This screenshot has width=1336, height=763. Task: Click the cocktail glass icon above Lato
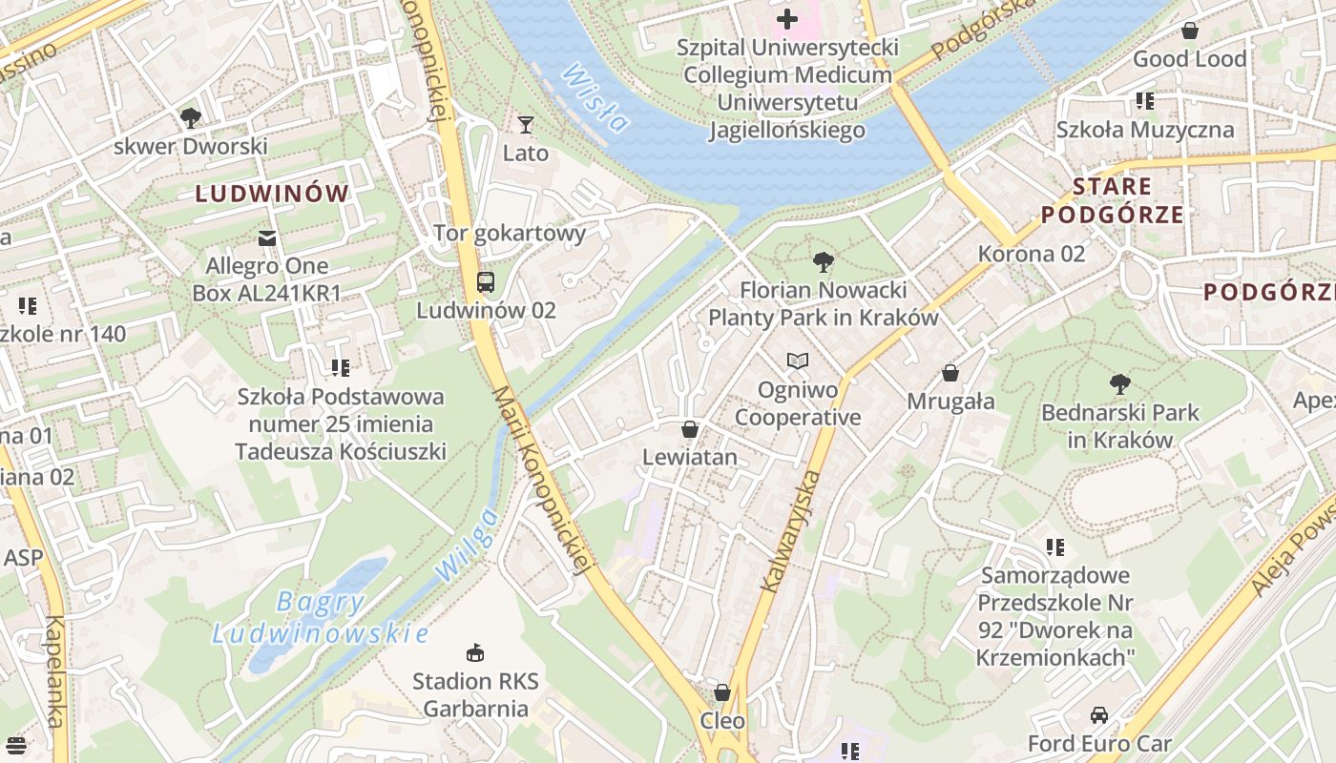coord(525,124)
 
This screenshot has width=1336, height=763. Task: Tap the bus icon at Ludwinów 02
coord(486,281)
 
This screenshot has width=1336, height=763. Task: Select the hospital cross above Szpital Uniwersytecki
coord(787,19)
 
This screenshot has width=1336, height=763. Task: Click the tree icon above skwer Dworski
coord(191,118)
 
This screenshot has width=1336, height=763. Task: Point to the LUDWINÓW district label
coord(272,194)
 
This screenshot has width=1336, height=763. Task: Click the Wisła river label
coord(595,97)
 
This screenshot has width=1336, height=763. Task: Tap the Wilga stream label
coord(467,544)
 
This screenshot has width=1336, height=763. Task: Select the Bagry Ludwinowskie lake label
coord(320,618)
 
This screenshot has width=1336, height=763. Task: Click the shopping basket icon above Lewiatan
coord(690,429)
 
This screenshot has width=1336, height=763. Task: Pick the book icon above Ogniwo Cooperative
coord(798,361)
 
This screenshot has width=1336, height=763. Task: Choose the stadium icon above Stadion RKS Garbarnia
coord(474,652)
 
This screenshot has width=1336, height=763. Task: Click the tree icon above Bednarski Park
coord(1120,384)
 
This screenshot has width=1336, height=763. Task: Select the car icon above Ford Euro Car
coord(1099,714)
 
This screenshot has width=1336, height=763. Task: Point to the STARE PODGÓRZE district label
coord(1112,200)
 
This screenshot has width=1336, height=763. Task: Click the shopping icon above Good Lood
coord(1189,31)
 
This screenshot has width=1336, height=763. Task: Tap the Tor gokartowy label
coord(510,233)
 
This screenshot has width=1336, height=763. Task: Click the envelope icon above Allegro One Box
coord(266,237)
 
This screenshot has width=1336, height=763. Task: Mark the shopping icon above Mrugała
coord(950,372)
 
